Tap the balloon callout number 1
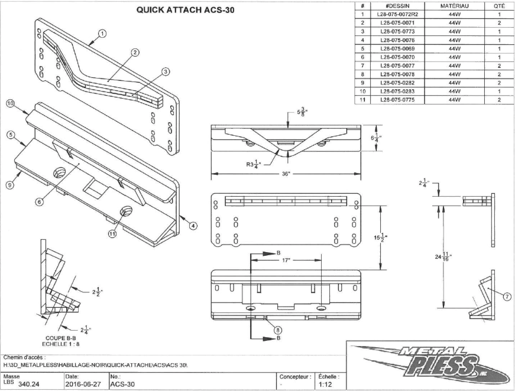click(103, 34)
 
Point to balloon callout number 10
click(10, 103)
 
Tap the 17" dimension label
click(286, 260)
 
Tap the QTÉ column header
click(499, 5)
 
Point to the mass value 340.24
click(28, 385)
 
